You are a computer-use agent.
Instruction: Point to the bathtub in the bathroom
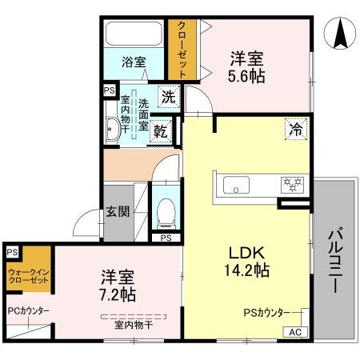134,34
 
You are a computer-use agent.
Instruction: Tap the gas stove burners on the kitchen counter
290,186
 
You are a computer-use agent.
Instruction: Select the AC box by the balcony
294,332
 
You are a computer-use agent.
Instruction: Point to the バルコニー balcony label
335,261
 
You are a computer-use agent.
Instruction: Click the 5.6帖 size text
248,76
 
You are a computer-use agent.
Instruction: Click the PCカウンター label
28,311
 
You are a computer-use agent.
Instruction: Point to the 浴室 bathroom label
134,62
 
